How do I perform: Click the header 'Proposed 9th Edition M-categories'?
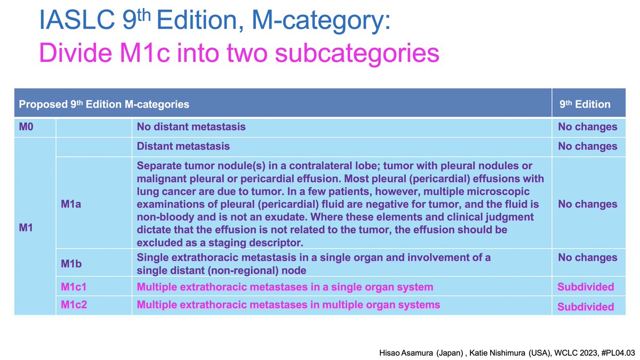click(x=104, y=105)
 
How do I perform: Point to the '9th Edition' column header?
click(x=585, y=105)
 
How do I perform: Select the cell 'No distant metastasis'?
click(x=191, y=127)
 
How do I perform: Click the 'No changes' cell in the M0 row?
click(x=587, y=127)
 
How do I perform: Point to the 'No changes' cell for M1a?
click(x=587, y=204)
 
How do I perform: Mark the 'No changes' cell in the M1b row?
click(x=587, y=258)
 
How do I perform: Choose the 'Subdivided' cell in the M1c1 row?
click(x=586, y=287)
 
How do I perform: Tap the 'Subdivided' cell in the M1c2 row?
click(x=586, y=307)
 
